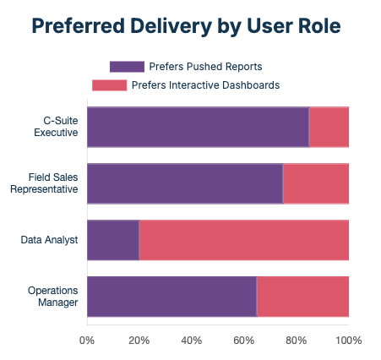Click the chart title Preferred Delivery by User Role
point(186,26)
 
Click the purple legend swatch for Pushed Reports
point(126,66)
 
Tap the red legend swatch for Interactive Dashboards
point(109,85)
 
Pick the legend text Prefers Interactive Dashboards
point(205,85)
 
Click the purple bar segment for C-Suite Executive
point(198,128)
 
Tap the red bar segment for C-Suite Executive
point(329,128)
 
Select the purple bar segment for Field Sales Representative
point(184,183)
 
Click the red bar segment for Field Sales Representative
point(316,183)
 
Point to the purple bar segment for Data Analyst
point(113,240)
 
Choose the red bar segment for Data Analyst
point(244,240)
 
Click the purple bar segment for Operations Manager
point(171,296)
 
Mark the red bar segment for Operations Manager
point(302,296)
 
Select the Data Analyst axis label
point(50,240)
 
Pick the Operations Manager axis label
point(53,296)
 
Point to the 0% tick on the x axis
point(87,341)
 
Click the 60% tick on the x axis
point(244,341)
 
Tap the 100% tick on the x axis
point(348,341)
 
